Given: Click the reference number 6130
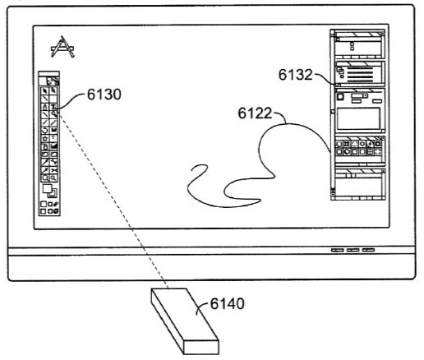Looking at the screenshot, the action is [x=104, y=95].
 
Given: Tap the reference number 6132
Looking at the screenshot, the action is [x=296, y=75].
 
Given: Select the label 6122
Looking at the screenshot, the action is [x=255, y=113].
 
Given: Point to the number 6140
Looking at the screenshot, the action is [x=227, y=304].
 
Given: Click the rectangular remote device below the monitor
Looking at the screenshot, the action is [x=185, y=321].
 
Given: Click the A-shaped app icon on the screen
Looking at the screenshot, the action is [x=62, y=47].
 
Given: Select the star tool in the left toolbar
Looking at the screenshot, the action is [x=45, y=139].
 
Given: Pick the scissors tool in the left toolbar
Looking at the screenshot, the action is [x=54, y=170].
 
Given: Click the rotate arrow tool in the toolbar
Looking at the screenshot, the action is [x=45, y=131].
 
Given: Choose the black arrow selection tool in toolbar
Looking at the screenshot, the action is [x=45, y=90].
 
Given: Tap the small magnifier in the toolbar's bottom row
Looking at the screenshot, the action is [x=54, y=178].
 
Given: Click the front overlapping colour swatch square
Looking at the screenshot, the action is [x=47, y=188].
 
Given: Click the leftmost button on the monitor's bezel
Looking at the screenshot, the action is [x=338, y=250].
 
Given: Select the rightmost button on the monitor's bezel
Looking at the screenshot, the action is [x=368, y=250].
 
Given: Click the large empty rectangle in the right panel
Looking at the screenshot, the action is [x=358, y=118].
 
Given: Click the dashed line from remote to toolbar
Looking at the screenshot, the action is [x=113, y=200].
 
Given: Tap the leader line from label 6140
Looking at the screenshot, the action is [x=203, y=307].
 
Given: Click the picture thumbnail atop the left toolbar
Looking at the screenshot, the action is [x=53, y=81].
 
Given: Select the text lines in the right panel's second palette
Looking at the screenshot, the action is [x=360, y=74].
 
